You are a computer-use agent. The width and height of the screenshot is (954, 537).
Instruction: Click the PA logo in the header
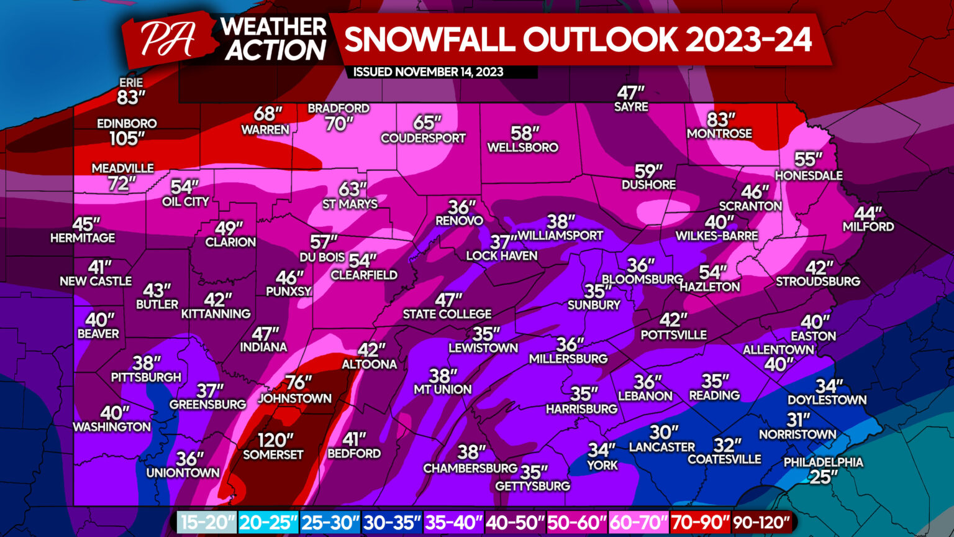(x=167, y=39)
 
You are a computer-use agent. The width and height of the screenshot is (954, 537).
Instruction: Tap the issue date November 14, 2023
(x=428, y=72)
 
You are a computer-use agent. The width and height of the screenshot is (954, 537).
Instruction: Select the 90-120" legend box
(x=761, y=523)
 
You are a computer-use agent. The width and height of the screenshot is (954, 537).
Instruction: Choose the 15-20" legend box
(x=207, y=523)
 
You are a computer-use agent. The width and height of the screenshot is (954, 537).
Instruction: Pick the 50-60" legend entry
(x=576, y=523)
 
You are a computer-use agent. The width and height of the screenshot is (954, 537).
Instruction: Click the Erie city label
(x=131, y=83)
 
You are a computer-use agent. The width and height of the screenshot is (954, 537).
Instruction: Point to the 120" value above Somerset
(x=275, y=440)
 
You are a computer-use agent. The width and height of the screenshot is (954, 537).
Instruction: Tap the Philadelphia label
(x=823, y=462)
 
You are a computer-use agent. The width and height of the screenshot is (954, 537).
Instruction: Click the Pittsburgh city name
(x=146, y=377)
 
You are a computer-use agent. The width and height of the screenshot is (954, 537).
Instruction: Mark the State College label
(x=447, y=314)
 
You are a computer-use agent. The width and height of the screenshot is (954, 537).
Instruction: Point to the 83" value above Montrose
(x=720, y=119)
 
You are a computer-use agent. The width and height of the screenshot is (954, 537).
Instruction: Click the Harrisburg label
(x=581, y=409)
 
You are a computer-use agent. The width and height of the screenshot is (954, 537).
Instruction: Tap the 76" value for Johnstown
(x=298, y=382)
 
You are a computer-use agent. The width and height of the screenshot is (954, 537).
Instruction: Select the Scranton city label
(x=750, y=206)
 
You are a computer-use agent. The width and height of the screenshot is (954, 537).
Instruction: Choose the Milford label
(x=868, y=227)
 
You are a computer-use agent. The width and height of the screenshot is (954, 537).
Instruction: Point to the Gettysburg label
(x=532, y=486)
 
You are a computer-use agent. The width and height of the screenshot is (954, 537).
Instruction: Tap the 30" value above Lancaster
(x=664, y=432)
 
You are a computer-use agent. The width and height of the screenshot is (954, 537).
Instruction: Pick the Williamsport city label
(x=561, y=236)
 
